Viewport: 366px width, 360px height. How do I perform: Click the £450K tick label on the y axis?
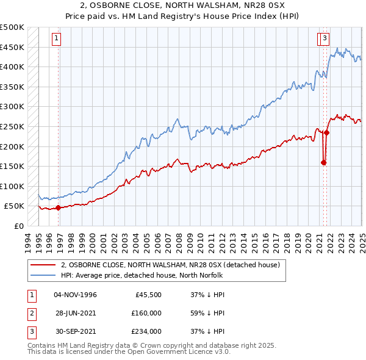(12, 47)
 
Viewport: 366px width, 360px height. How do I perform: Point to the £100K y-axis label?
(12, 186)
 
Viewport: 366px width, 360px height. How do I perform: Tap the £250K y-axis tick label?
(12, 126)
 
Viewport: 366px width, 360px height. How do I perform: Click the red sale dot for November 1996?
(59, 207)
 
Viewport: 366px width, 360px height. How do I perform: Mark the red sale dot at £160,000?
(323, 162)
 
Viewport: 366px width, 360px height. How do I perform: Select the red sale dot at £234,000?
(327, 132)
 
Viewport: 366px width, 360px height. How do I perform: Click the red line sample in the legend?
(43, 265)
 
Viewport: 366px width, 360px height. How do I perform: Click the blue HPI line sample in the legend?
(43, 275)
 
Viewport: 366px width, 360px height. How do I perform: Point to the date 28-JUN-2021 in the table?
(75, 313)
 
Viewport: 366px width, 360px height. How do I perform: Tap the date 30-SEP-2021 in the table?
(75, 331)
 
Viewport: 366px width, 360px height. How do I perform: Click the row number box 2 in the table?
(30, 313)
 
